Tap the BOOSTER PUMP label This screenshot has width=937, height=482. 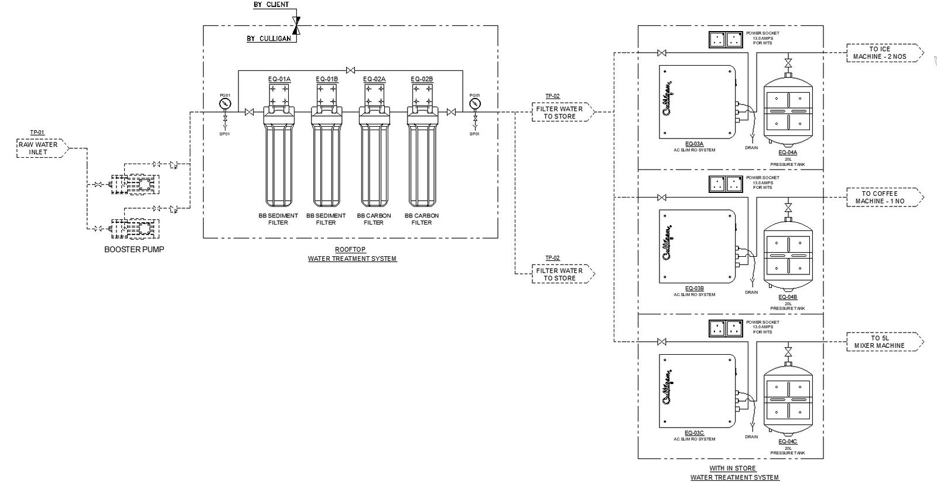point(134,249)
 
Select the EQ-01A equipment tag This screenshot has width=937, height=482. point(279,79)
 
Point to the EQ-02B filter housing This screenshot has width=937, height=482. point(422,158)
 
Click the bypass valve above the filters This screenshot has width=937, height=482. point(350,71)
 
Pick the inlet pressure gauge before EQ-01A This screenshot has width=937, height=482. point(225,104)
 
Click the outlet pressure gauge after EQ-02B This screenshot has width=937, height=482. point(474,104)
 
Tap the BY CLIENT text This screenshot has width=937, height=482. point(271,5)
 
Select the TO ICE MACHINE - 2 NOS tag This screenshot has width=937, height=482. point(879,53)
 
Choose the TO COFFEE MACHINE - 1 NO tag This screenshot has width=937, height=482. point(879,198)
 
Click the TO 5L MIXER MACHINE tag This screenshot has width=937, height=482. point(879,342)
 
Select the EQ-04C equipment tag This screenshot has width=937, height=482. point(788,442)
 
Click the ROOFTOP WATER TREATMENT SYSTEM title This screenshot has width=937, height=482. point(353,254)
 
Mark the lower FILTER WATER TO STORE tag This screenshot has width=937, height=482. point(560,274)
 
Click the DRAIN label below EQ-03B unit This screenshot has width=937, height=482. point(751,292)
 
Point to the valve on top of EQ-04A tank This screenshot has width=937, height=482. point(788,62)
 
